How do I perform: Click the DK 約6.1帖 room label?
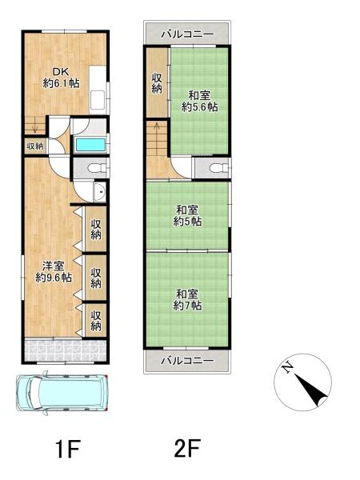point(61,77)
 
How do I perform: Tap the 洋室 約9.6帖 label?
point(54,272)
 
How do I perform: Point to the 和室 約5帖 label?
point(188,216)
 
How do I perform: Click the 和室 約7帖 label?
point(188,298)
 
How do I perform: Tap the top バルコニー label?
point(186,34)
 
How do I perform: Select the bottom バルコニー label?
point(186,361)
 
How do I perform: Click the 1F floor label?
point(69,449)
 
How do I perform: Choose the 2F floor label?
point(186,449)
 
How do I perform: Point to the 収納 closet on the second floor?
point(158,83)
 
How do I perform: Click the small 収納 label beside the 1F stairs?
point(34,146)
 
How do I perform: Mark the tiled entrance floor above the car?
point(64,350)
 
